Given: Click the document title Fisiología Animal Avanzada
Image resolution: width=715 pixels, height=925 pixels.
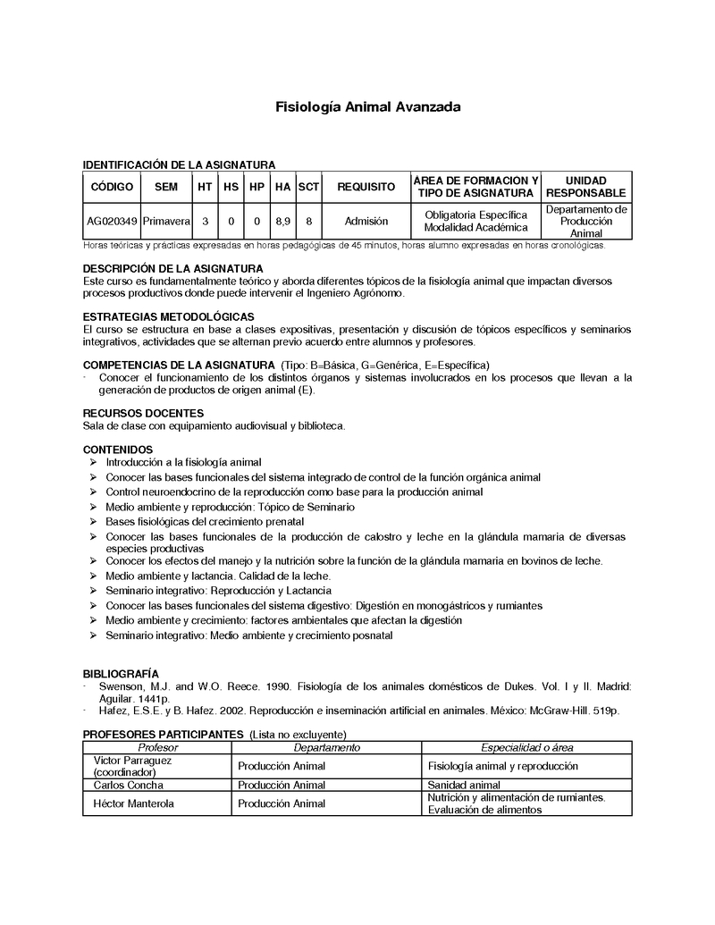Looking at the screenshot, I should [x=367, y=107].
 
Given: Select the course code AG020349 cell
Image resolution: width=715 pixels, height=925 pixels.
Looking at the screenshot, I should [x=112, y=221].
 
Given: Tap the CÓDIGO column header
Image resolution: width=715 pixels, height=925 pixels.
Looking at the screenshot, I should [x=112, y=187].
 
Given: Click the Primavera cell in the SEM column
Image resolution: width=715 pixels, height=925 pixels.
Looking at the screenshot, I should [x=166, y=221].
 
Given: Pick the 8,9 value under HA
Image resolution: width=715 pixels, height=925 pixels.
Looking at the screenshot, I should [x=282, y=221].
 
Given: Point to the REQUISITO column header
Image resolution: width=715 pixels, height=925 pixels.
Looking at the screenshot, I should [x=366, y=187].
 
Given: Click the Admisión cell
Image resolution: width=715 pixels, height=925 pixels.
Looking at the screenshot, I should [x=366, y=221].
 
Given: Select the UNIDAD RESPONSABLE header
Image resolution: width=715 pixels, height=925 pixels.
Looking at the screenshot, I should [x=585, y=187].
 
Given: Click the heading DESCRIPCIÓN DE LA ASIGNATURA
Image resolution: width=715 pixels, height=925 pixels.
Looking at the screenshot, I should [x=172, y=269].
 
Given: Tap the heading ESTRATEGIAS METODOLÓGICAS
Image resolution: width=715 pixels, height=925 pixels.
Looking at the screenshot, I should [x=168, y=317].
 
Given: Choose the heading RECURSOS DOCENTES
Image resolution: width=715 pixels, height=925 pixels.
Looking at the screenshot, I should [x=143, y=413].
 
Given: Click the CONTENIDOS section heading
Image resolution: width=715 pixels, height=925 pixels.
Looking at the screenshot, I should [x=118, y=450].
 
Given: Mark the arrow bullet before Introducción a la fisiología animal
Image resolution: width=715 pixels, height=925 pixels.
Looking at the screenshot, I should [x=94, y=463].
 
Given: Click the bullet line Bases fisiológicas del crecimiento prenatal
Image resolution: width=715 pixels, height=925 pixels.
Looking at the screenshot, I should [x=205, y=521].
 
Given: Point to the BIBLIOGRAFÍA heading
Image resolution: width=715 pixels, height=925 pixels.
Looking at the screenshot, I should [x=122, y=673].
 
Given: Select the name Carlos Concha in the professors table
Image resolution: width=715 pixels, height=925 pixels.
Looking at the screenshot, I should [x=129, y=785].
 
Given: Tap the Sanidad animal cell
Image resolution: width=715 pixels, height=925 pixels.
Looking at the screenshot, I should [x=464, y=785].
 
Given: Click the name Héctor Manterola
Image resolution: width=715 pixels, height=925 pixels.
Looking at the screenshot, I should [x=134, y=803].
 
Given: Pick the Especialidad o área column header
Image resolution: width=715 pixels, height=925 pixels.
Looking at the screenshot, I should [x=527, y=747].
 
